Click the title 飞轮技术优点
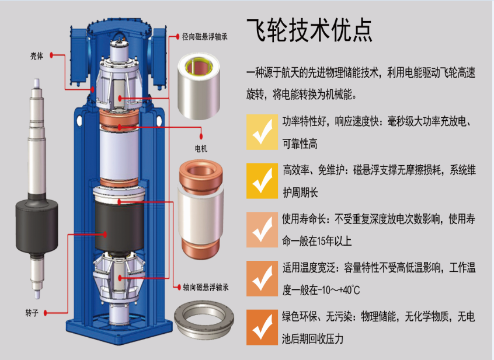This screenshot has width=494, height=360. [309, 30]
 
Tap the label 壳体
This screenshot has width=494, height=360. [37, 56]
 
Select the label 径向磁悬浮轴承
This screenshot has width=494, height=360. [205, 37]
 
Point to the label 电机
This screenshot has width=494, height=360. [201, 148]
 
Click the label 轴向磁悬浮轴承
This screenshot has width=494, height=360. [206, 287]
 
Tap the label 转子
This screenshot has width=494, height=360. [32, 313]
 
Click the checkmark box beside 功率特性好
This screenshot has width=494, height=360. [262, 132]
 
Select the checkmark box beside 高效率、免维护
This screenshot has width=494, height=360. [262, 181]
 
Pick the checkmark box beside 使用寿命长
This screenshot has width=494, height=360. [262, 229]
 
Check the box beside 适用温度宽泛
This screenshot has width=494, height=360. [262, 278]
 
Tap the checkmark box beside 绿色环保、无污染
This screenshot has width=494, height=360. [262, 327]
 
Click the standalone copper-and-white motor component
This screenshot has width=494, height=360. [201, 209]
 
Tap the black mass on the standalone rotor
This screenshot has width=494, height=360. [37, 226]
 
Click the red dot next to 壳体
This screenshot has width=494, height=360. [51, 55]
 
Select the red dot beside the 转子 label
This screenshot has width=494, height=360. [46, 313]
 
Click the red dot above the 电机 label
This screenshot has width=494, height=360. [201, 136]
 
